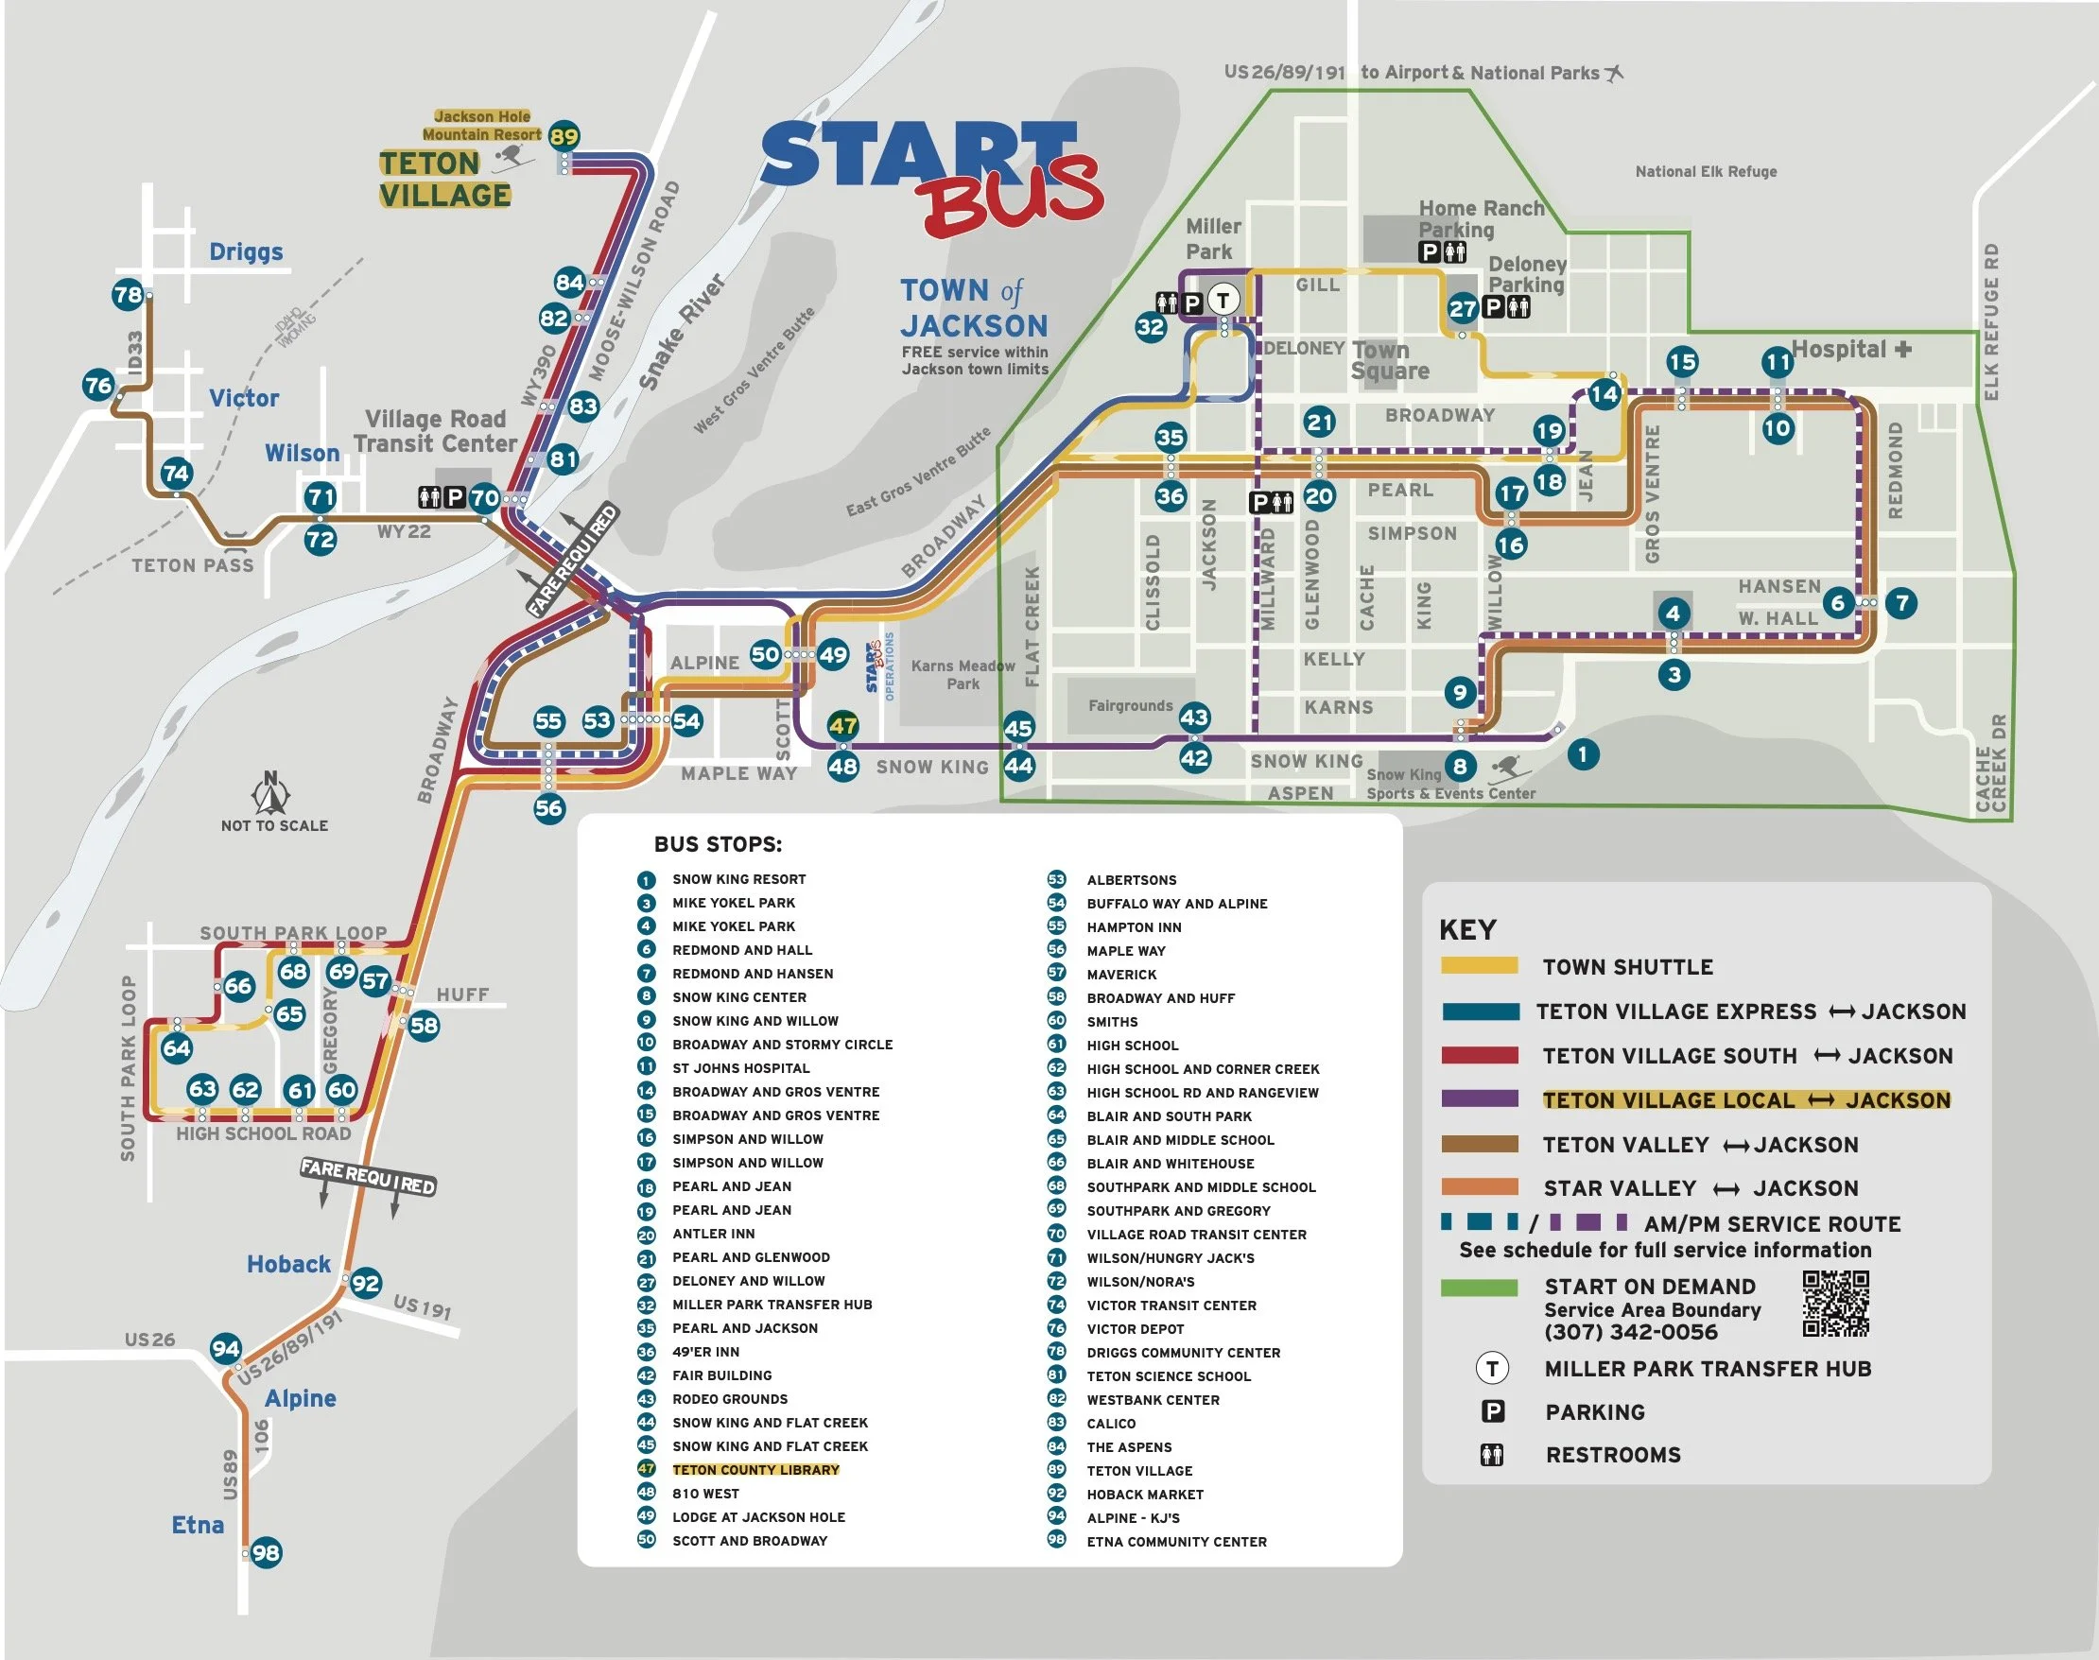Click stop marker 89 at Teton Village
(564, 136)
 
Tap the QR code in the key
(1835, 1304)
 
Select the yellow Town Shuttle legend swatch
(1479, 966)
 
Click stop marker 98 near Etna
(266, 1552)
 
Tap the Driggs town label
(246, 251)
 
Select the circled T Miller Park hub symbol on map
(1223, 301)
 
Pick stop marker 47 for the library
(842, 725)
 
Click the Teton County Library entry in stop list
(755, 1469)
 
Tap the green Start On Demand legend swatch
(1479, 1288)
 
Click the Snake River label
(682, 333)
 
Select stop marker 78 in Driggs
(128, 295)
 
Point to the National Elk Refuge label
(1706, 172)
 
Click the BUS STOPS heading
(718, 843)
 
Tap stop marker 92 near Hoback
(366, 1283)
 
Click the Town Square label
(1390, 360)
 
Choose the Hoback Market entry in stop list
(1144, 1494)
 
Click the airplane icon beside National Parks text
(1614, 73)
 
